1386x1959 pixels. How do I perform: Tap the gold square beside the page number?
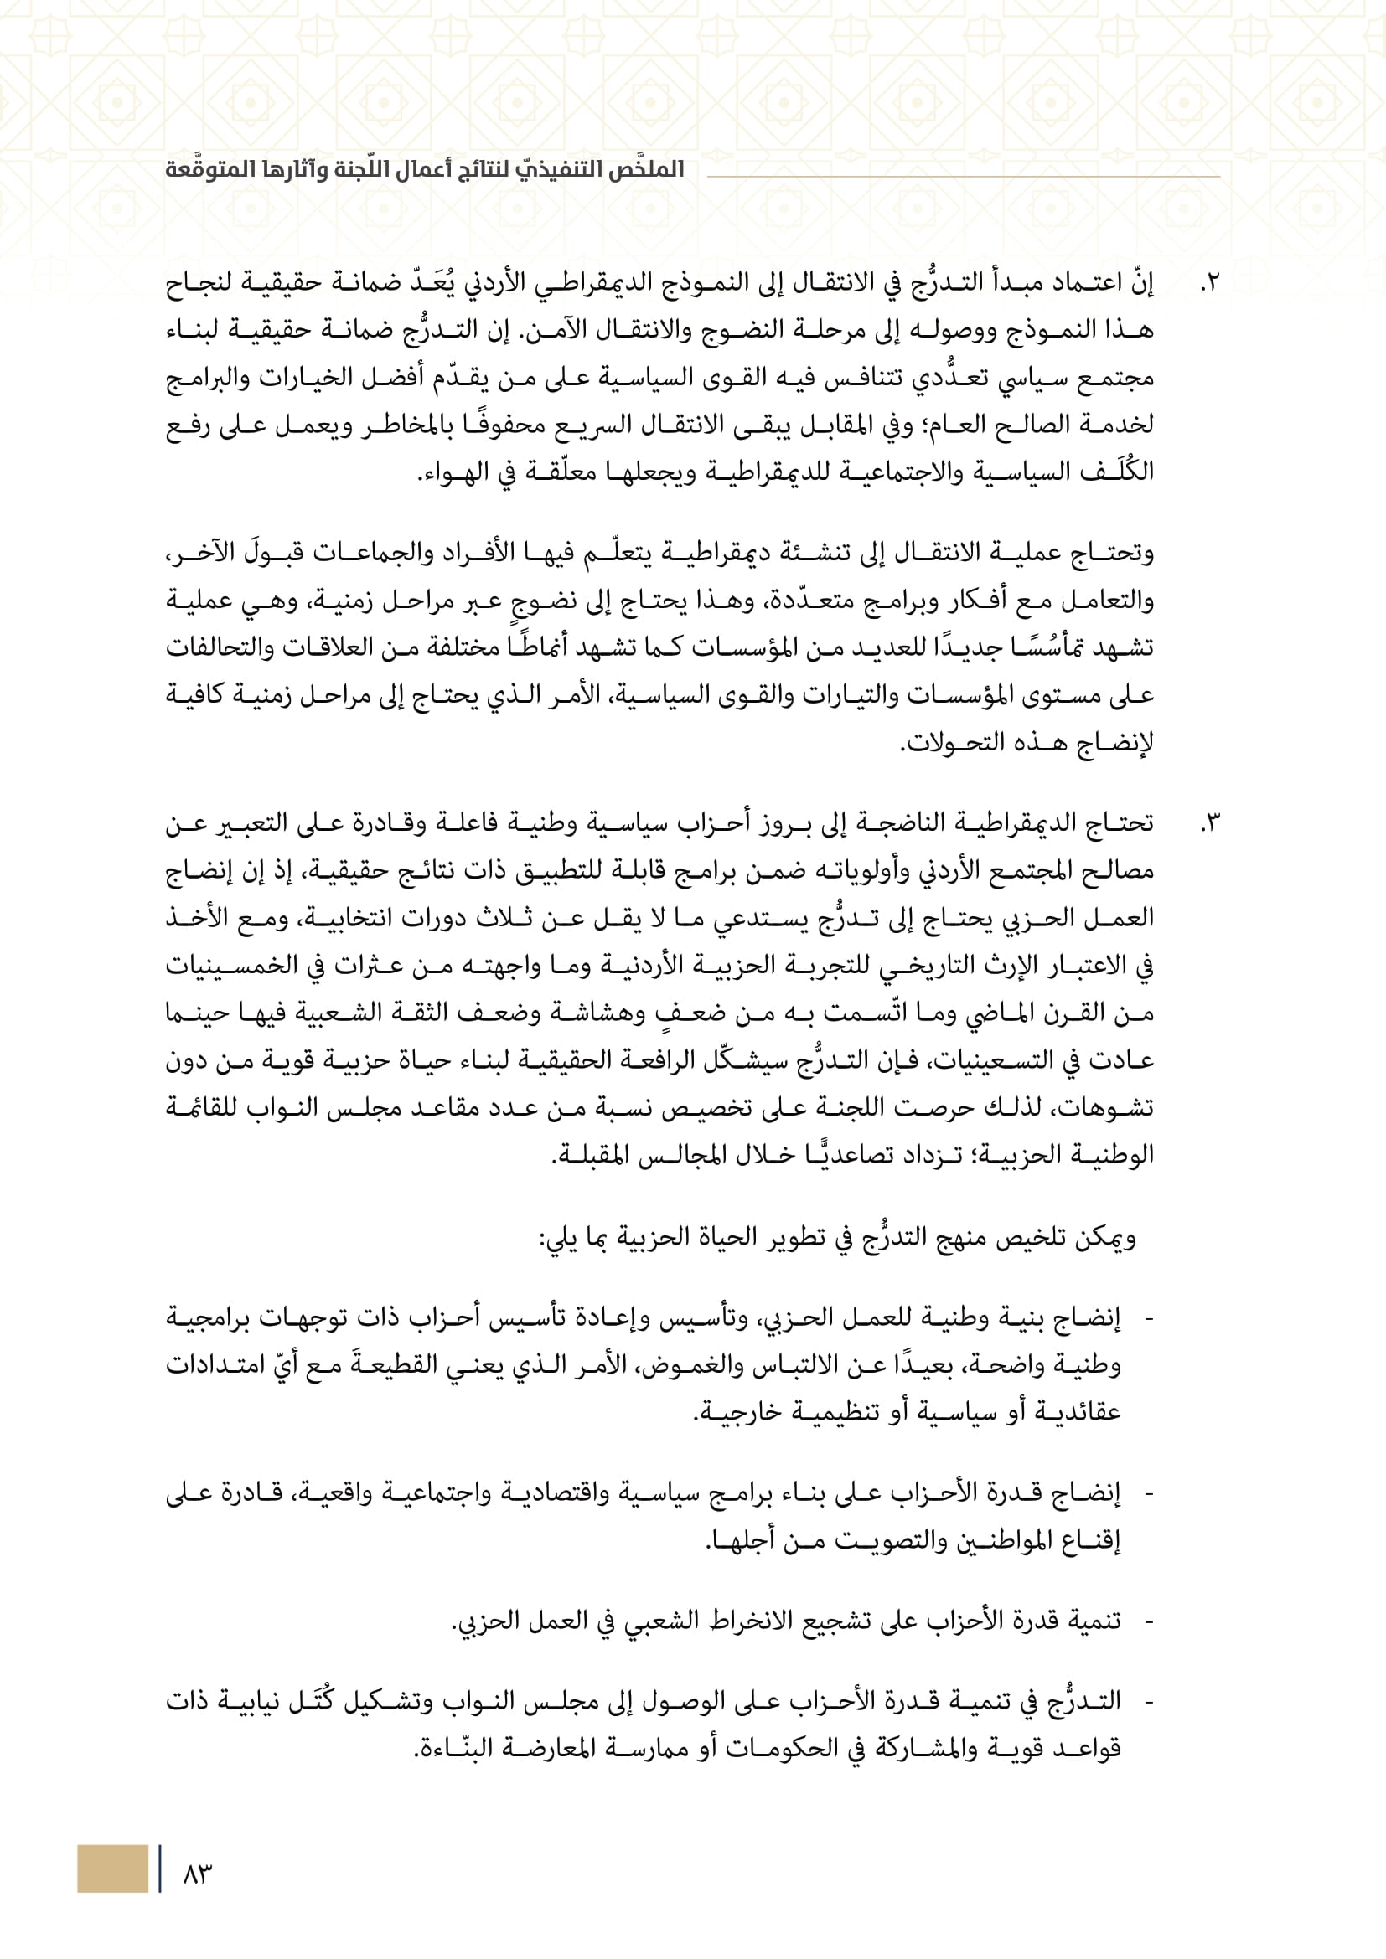click(111, 1869)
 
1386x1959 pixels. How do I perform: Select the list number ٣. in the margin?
click(1209, 824)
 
